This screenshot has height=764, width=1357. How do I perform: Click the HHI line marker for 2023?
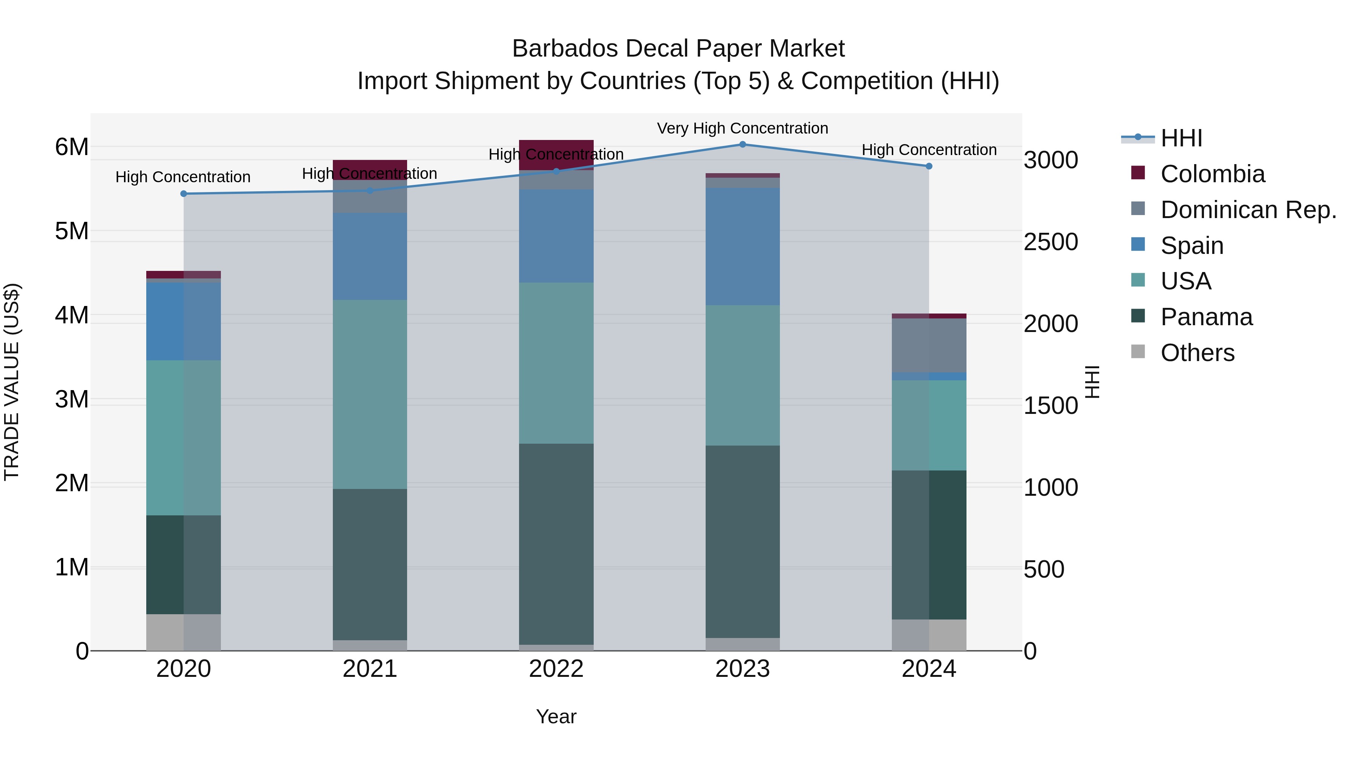pos(742,144)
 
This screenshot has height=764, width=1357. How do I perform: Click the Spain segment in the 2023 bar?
pos(742,246)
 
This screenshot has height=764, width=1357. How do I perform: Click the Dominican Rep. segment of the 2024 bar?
pos(929,345)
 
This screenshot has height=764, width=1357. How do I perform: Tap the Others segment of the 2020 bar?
pos(183,632)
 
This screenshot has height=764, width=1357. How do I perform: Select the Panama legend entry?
pos(1206,317)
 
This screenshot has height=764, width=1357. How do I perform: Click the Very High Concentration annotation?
pos(742,128)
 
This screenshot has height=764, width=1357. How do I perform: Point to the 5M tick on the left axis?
pos(72,231)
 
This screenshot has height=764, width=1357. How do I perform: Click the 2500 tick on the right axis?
pos(1051,242)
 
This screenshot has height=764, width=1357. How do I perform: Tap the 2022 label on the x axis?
pos(556,669)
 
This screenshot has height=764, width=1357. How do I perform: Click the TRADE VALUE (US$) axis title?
pos(12,382)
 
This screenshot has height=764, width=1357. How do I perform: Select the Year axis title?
pos(556,716)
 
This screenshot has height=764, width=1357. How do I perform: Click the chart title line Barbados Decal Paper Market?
pos(678,49)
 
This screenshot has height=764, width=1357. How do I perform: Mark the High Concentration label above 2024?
pos(929,150)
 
